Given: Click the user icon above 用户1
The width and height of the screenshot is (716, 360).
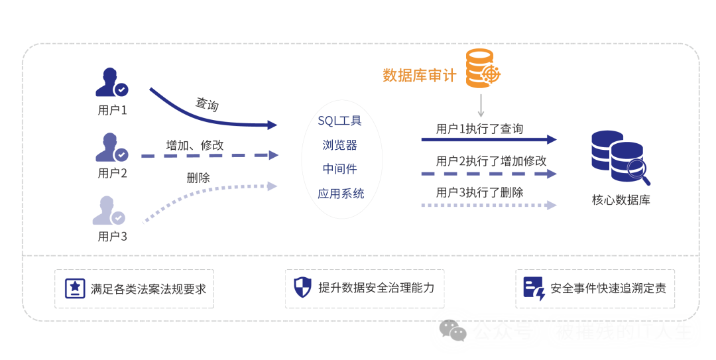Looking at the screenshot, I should point(111,83).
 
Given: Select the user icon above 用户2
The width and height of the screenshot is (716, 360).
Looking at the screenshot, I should point(111,147).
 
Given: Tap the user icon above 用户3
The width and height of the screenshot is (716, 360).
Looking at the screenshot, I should point(109,210).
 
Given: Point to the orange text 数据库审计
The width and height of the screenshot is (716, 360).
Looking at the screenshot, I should point(419,75).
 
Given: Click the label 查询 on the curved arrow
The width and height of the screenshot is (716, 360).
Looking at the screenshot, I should point(207,104).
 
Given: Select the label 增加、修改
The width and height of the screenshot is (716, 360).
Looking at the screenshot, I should point(195,145).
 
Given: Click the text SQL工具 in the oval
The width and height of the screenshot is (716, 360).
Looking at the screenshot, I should point(339,121).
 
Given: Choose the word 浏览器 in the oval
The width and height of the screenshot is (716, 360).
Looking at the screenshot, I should point(339,145).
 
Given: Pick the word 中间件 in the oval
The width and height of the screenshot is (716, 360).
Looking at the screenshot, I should point(339,169).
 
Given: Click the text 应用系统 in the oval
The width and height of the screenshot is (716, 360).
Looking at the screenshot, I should point(340,194).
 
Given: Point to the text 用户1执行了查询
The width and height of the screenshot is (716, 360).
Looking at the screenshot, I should point(479,129).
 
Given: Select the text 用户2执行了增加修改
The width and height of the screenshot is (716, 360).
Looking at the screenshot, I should point(491,160).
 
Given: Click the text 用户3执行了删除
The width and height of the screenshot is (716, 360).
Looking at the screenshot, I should point(479,192).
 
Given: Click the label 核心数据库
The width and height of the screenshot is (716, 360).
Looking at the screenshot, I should point(621,200).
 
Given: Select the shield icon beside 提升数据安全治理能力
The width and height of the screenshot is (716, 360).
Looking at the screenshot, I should point(302,288).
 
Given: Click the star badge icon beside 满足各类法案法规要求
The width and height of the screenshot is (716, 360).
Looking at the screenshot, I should point(75,288).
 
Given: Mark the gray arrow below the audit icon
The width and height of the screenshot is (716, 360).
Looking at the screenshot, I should point(481,105).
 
